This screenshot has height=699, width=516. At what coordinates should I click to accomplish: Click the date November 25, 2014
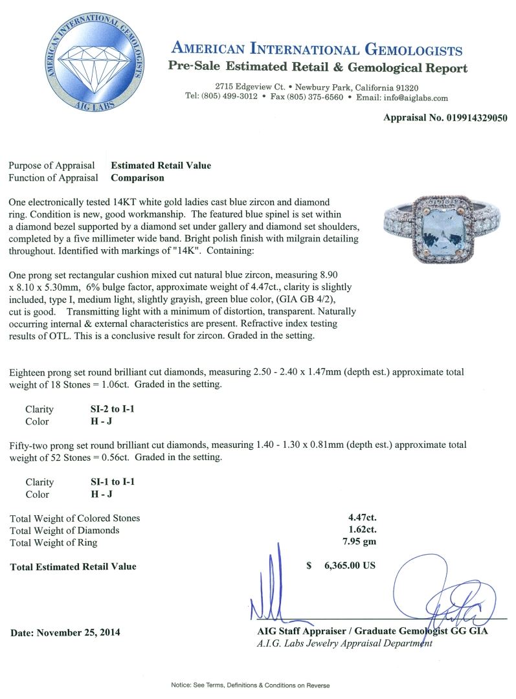(x=65, y=632)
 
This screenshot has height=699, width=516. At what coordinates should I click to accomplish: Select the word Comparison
(x=137, y=177)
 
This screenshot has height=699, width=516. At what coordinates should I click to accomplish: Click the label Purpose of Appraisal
(x=52, y=166)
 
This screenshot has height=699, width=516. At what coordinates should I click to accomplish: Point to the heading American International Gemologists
(x=317, y=50)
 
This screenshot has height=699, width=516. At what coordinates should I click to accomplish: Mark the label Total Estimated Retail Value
(x=73, y=566)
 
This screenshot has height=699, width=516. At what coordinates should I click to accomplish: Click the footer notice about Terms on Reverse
(x=250, y=685)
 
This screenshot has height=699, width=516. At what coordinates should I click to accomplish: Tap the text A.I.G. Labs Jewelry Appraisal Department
(x=344, y=643)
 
